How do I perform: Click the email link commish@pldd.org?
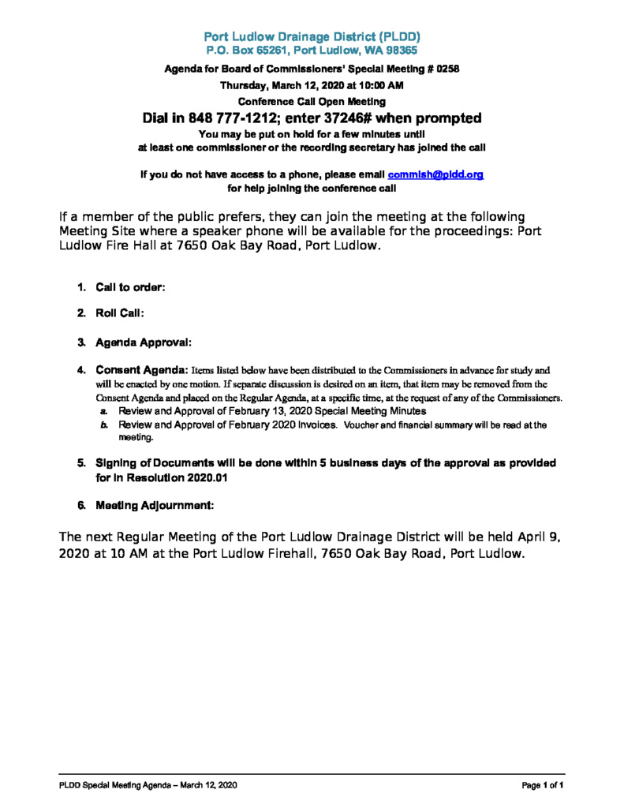(435, 174)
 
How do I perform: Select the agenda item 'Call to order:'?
(130, 288)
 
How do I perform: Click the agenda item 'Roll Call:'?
(120, 313)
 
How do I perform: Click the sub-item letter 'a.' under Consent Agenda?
(103, 412)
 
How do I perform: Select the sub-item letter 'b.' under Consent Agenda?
(103, 425)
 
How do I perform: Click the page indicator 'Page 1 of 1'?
(543, 785)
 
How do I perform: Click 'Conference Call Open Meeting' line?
(312, 102)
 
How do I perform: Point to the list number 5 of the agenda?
(81, 462)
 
